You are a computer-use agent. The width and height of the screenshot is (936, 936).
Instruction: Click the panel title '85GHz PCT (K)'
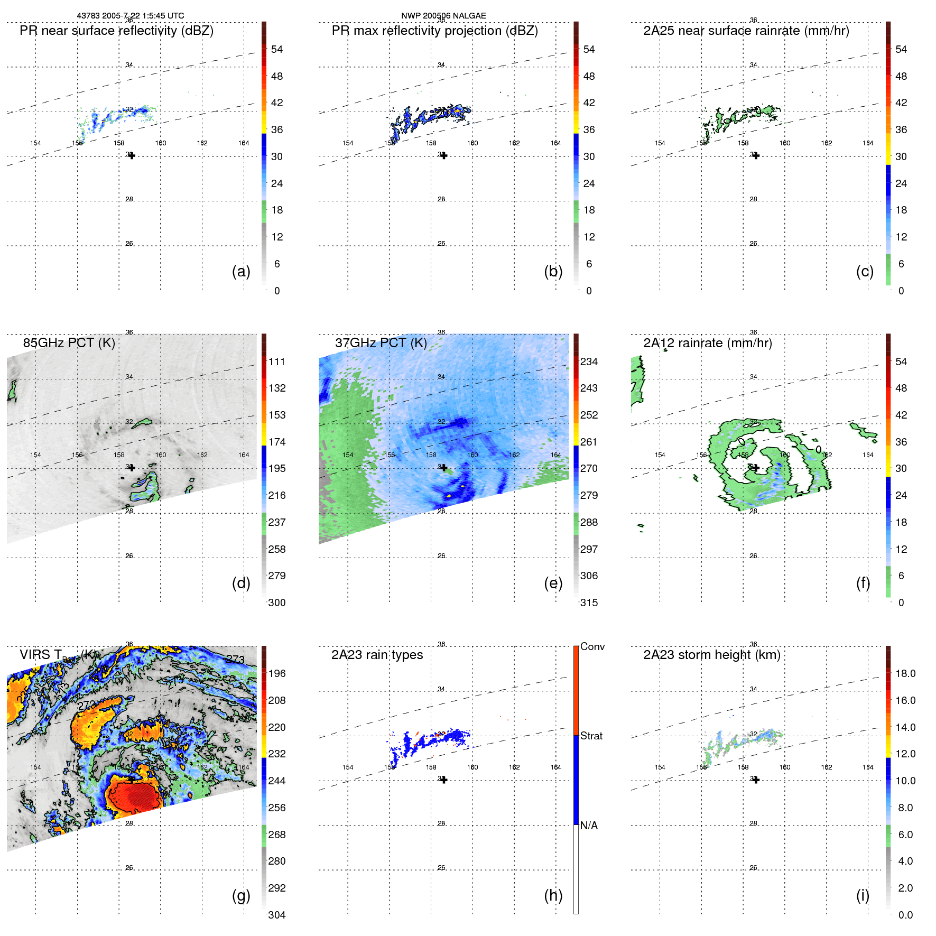[69, 343]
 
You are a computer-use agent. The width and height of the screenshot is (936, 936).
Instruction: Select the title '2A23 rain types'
[377, 655]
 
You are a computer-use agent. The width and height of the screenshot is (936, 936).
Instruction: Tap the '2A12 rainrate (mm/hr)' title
[707, 343]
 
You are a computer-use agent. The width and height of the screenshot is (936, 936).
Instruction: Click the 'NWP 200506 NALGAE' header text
[443, 16]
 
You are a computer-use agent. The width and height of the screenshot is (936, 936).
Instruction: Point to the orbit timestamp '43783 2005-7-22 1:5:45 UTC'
[131, 16]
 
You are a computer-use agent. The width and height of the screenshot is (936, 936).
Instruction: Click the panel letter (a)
[241, 271]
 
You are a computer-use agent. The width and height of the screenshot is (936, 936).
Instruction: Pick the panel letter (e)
[553, 583]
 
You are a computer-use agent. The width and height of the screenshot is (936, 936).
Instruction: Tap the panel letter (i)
[863, 895]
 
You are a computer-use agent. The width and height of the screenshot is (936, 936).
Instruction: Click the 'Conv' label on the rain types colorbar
[592, 646]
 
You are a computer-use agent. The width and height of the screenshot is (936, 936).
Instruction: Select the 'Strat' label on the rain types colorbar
[591, 736]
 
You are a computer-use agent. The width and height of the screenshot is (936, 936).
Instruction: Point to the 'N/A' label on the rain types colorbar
[589, 826]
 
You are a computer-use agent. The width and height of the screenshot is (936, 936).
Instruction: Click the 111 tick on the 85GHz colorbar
[277, 362]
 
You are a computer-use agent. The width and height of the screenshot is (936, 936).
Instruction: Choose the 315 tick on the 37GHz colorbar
[589, 603]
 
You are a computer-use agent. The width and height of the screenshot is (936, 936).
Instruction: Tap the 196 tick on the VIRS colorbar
[277, 673]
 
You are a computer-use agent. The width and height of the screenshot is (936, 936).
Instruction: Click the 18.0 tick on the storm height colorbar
[905, 673]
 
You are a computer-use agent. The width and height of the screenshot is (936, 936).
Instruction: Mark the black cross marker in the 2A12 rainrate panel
[756, 468]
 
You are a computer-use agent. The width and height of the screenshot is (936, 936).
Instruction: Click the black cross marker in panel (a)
[132, 155]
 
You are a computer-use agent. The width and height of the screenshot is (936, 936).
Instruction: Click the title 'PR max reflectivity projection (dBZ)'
[434, 31]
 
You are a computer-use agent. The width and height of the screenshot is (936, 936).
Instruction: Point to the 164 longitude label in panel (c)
[868, 143]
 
